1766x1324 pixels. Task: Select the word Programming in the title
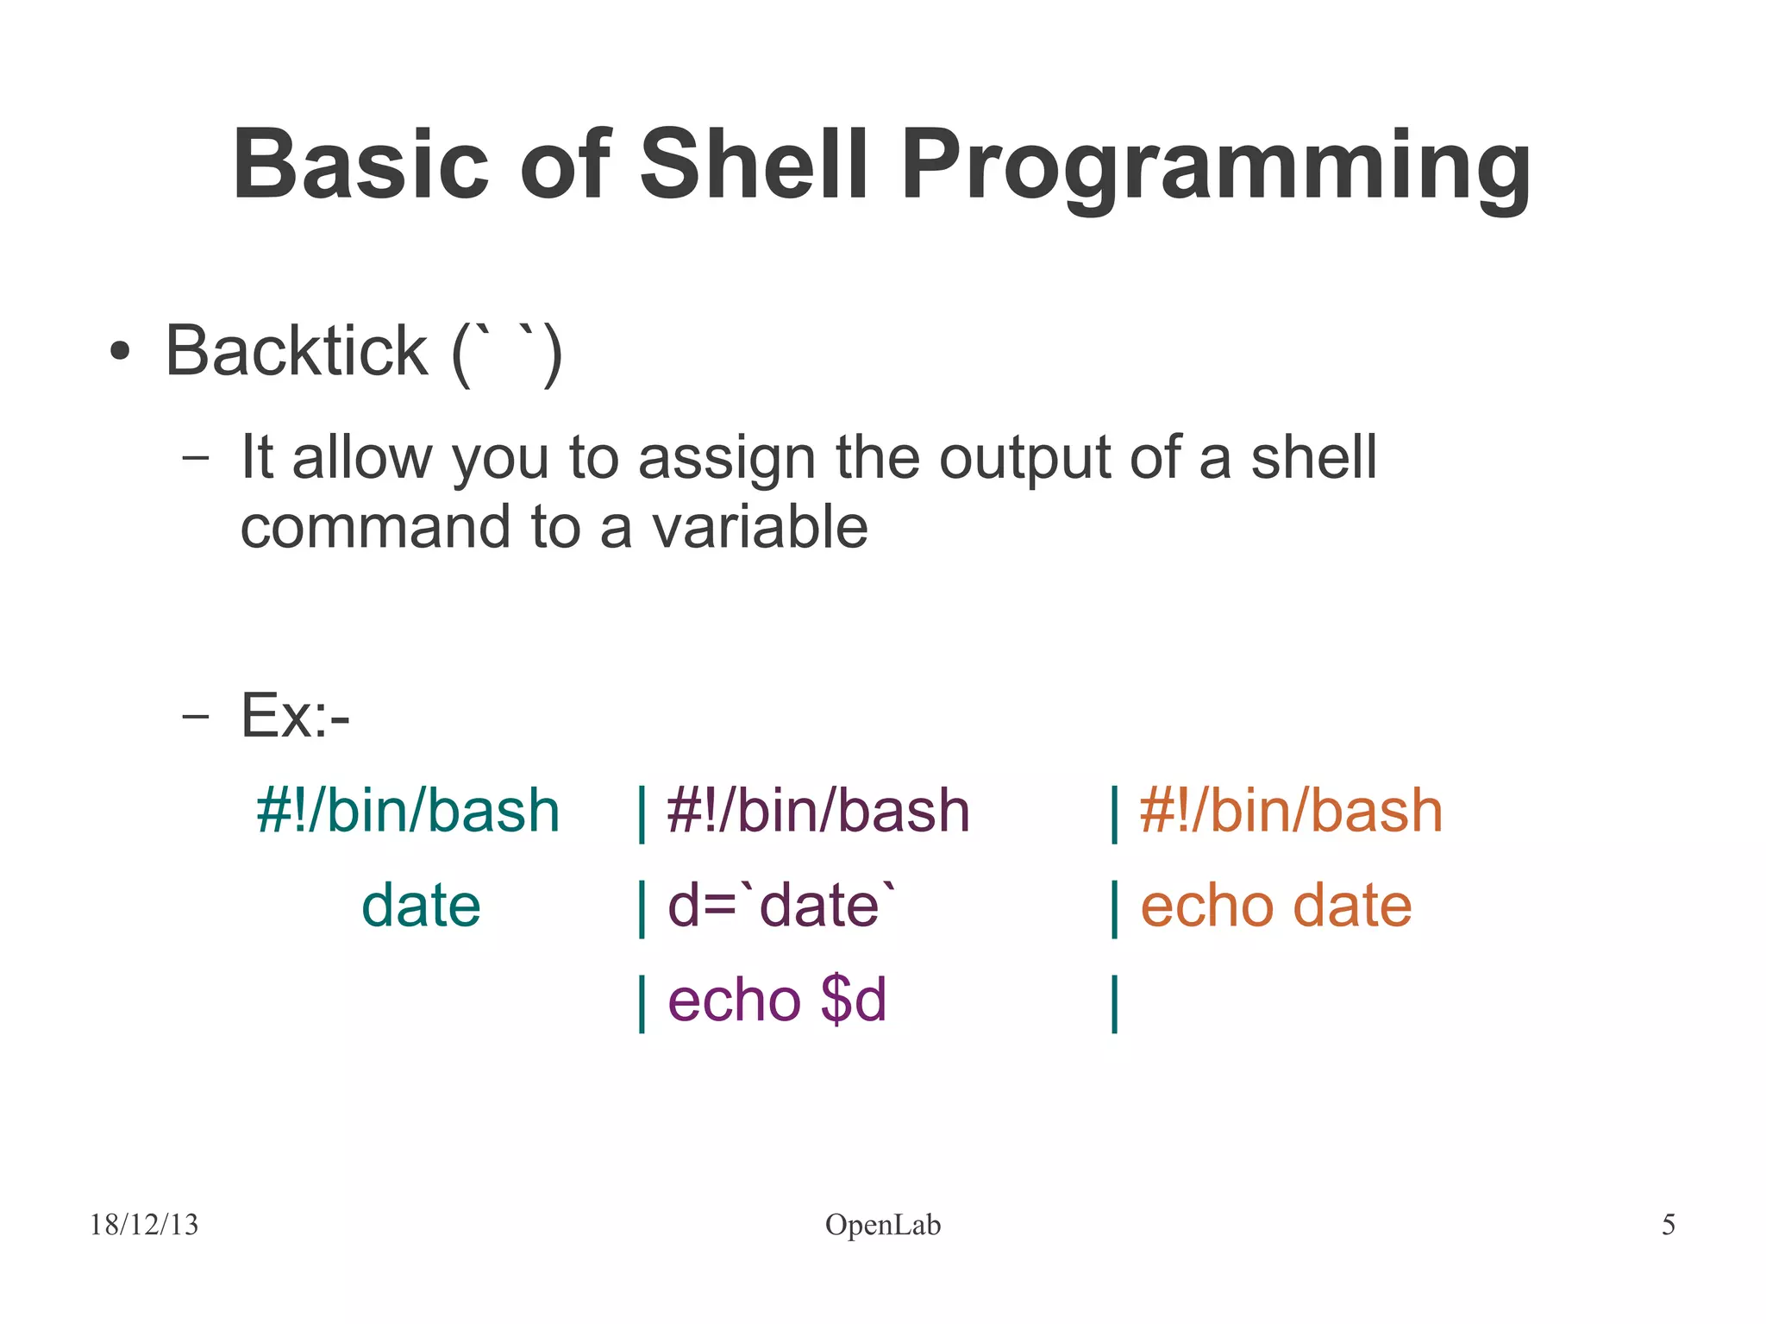1216,166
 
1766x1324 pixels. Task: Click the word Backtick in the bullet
296,351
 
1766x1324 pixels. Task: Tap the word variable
759,527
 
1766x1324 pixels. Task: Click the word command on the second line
375,527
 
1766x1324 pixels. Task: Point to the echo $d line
776,1000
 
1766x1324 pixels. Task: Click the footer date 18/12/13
144,1224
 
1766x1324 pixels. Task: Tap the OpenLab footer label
882,1224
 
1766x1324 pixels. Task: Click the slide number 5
1668,1224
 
